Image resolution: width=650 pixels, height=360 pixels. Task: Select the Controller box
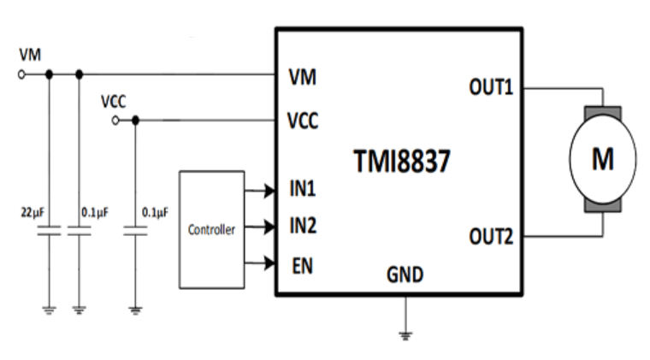coord(211,229)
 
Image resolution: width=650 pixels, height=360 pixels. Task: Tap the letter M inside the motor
coord(603,158)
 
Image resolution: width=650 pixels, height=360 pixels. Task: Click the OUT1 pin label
coord(491,86)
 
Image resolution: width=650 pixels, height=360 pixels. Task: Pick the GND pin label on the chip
coord(405,275)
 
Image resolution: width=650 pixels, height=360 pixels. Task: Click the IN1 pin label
coord(303,189)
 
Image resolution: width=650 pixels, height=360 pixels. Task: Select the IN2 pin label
coord(303,227)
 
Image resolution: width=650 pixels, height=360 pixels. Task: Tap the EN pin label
coord(302,265)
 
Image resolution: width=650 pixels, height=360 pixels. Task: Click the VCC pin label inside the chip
coord(303,121)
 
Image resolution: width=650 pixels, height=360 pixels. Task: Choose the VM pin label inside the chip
coord(303,78)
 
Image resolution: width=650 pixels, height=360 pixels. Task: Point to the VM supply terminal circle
coord(21,74)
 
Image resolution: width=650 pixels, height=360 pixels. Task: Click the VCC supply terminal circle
coord(116,121)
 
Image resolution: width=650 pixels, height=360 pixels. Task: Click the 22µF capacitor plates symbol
coord(49,230)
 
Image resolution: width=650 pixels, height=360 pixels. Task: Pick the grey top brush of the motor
coord(603,112)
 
